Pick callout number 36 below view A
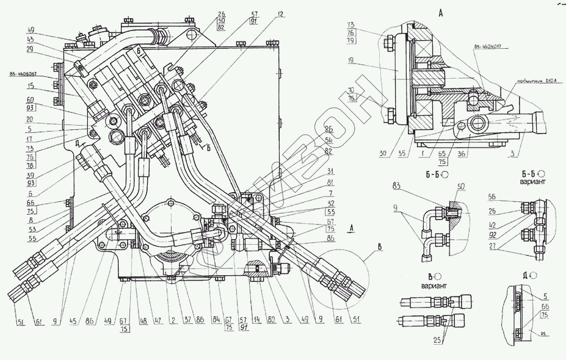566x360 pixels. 463,155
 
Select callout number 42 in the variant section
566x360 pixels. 493,224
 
